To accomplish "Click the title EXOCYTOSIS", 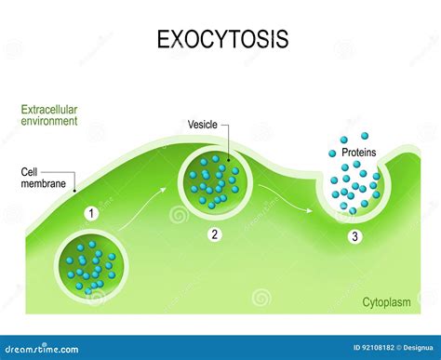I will click(x=222, y=40).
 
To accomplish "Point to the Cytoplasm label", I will click(x=389, y=303).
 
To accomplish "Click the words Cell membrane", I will click(x=44, y=178).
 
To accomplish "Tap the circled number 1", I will click(x=91, y=214).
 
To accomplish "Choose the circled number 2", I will click(x=215, y=235).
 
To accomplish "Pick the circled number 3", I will click(x=354, y=237).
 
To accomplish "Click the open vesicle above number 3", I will click(x=354, y=191).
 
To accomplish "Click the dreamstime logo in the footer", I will click(x=43, y=348).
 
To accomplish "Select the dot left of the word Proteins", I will click(x=332, y=153).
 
